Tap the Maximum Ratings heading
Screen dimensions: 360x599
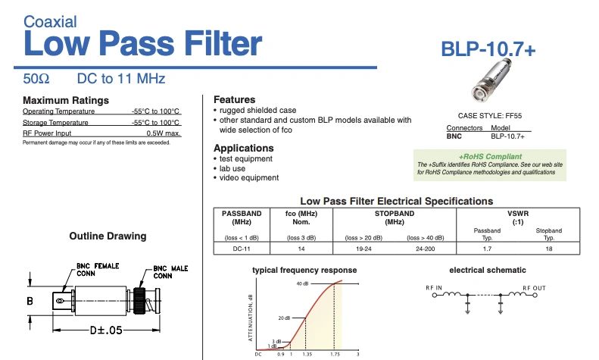click(66, 100)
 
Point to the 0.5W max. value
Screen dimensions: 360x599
click(163, 133)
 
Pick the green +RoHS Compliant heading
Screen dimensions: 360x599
click(491, 156)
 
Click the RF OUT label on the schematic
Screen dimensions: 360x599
click(535, 288)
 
